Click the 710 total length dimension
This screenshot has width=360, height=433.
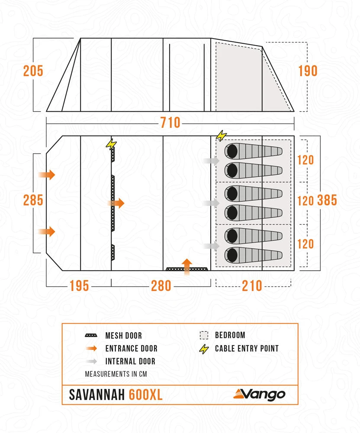click(170, 123)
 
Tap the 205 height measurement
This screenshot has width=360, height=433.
click(33, 71)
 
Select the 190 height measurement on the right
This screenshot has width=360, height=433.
click(308, 71)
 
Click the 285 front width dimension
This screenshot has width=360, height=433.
click(33, 200)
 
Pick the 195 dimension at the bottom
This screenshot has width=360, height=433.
click(79, 286)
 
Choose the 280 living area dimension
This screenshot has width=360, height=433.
click(161, 286)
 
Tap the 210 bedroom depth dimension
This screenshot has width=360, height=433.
click(252, 286)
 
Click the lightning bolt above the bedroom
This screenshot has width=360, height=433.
click(221, 136)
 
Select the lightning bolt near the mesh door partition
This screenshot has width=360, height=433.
click(111, 144)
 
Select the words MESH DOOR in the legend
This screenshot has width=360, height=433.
click(123, 336)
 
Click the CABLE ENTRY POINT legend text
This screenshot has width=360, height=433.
click(247, 349)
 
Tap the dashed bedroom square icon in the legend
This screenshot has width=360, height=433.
click(204, 335)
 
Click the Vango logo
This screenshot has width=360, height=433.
click(259, 394)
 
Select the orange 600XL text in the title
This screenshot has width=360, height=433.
click(146, 395)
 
